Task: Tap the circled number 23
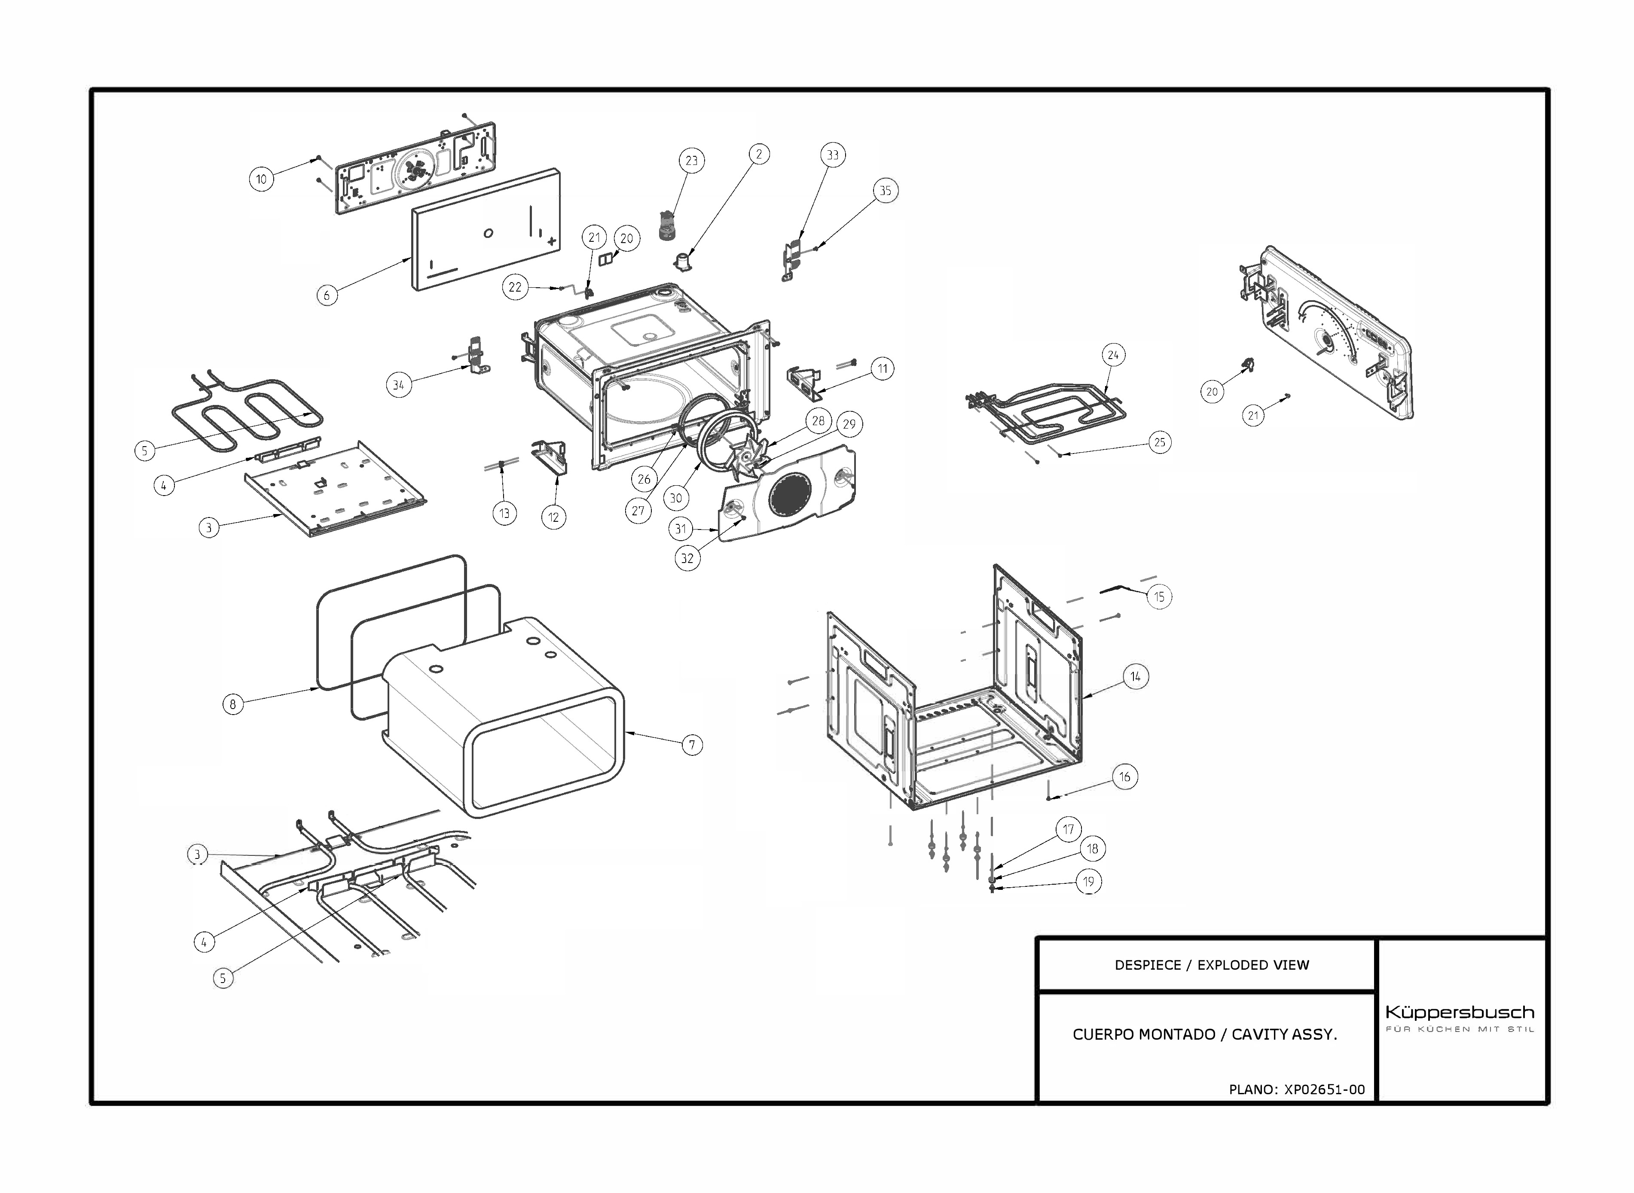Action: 691,160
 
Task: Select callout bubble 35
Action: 885,191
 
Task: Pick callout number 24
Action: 1113,355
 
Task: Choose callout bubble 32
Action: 687,558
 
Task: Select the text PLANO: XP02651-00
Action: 1297,1089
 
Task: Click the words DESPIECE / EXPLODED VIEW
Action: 1211,965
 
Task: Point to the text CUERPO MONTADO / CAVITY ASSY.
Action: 1204,1034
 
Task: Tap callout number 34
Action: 398,385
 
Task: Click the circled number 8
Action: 232,704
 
